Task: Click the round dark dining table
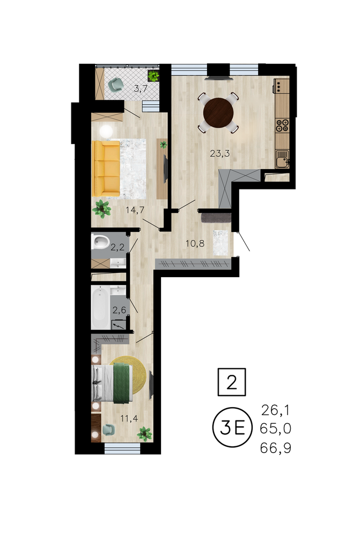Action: [x=218, y=113]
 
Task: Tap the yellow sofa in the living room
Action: [x=106, y=168]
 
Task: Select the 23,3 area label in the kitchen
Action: [x=219, y=154]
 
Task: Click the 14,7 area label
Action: [x=135, y=210]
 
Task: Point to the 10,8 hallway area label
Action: [x=195, y=243]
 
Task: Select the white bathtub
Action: [x=101, y=308]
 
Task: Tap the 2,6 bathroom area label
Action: [x=120, y=310]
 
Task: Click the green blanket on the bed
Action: [x=123, y=383]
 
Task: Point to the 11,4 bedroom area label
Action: [x=129, y=418]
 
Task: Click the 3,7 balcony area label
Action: [x=141, y=89]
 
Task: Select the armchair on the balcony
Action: [x=115, y=84]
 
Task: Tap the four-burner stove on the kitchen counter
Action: [x=283, y=125]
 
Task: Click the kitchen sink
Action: [x=283, y=159]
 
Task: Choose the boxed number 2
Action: [x=232, y=382]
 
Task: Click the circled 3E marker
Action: [x=232, y=427]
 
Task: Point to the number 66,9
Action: [x=276, y=448]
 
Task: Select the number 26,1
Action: [x=275, y=410]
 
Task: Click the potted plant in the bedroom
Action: [x=144, y=433]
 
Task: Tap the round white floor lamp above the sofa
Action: [x=106, y=131]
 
